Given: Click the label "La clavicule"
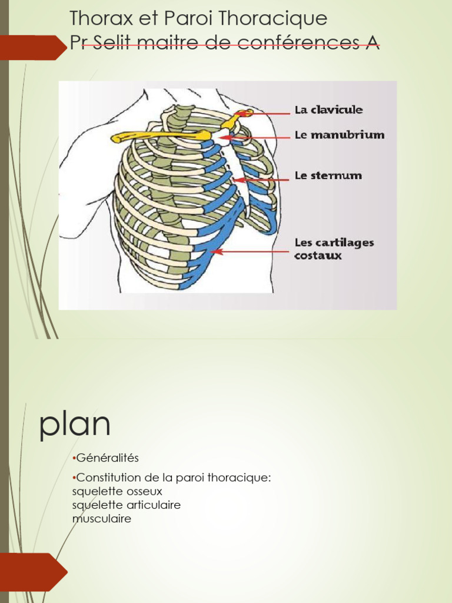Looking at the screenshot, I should click(328, 110).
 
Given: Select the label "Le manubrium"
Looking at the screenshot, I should click(340, 135).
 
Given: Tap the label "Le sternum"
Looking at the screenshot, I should click(328, 175).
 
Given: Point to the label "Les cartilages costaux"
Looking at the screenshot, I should click(334, 249).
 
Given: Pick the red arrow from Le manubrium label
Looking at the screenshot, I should click(259, 137).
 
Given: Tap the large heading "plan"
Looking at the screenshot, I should click(75, 424).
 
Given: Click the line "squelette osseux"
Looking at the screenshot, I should click(117, 491).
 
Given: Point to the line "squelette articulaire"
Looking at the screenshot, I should click(126, 505).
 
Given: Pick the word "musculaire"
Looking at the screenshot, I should click(101, 519).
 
